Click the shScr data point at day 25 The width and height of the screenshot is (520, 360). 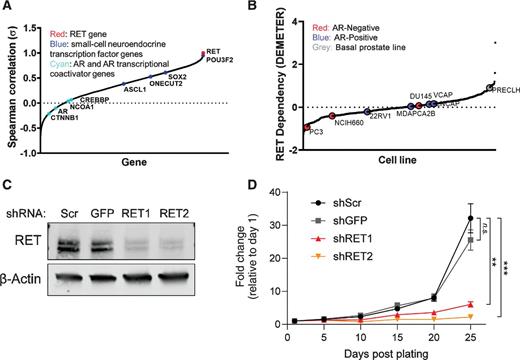pos(469,218)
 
